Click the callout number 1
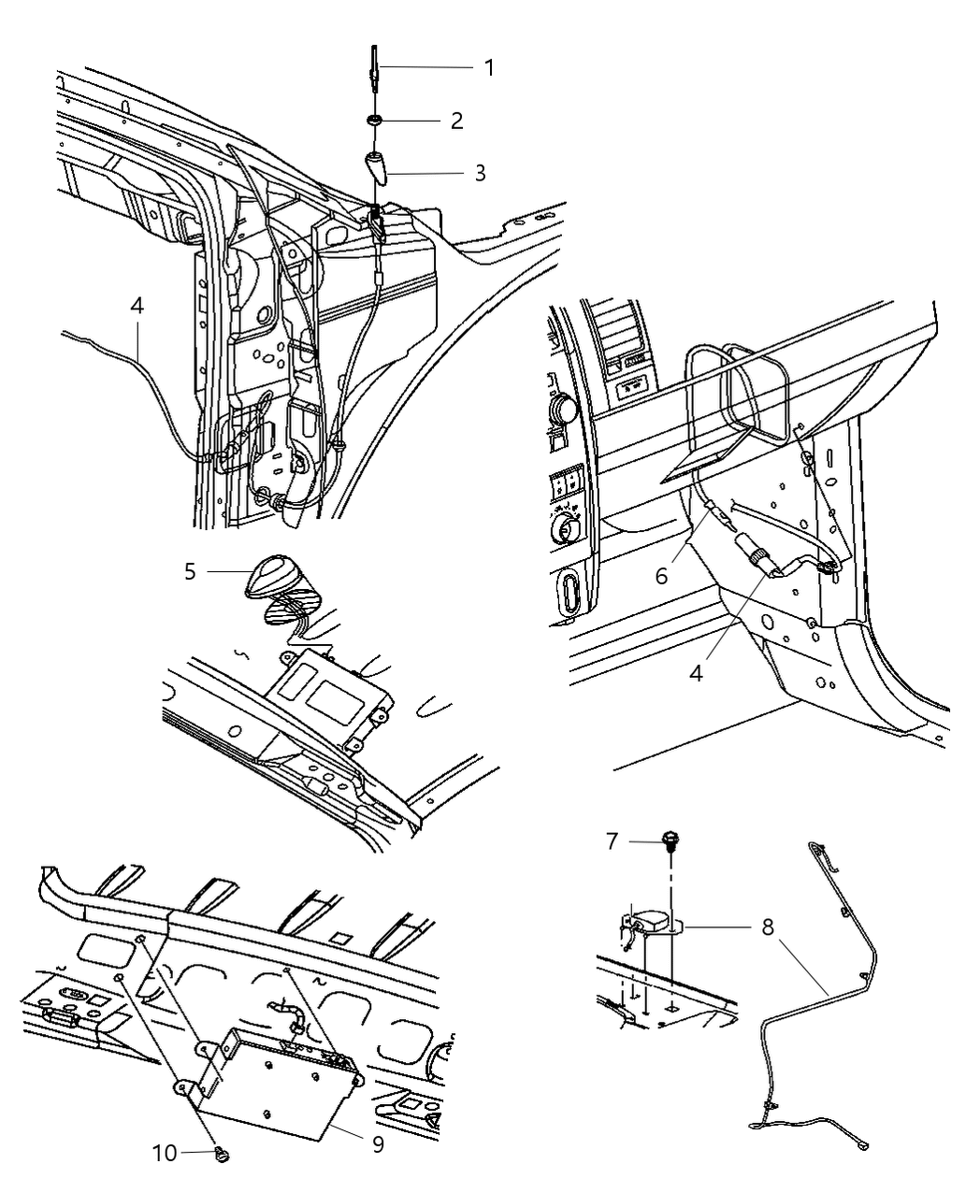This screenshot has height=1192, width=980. pyautogui.click(x=489, y=67)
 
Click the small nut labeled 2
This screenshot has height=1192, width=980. pyautogui.click(x=375, y=121)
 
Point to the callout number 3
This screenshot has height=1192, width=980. pyautogui.click(x=480, y=173)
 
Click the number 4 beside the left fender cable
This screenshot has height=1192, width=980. pyautogui.click(x=137, y=305)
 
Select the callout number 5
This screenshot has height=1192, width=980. pyautogui.click(x=191, y=570)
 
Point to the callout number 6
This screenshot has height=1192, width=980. pyautogui.click(x=661, y=576)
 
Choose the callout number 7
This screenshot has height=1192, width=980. pyautogui.click(x=612, y=841)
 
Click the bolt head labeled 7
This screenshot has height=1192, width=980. pyautogui.click(x=672, y=840)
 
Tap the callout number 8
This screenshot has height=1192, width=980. pyautogui.click(x=767, y=928)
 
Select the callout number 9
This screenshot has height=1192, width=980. pyautogui.click(x=378, y=1143)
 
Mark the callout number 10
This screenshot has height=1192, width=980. pyautogui.click(x=165, y=1154)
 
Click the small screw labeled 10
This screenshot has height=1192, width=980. pyautogui.click(x=222, y=1154)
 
